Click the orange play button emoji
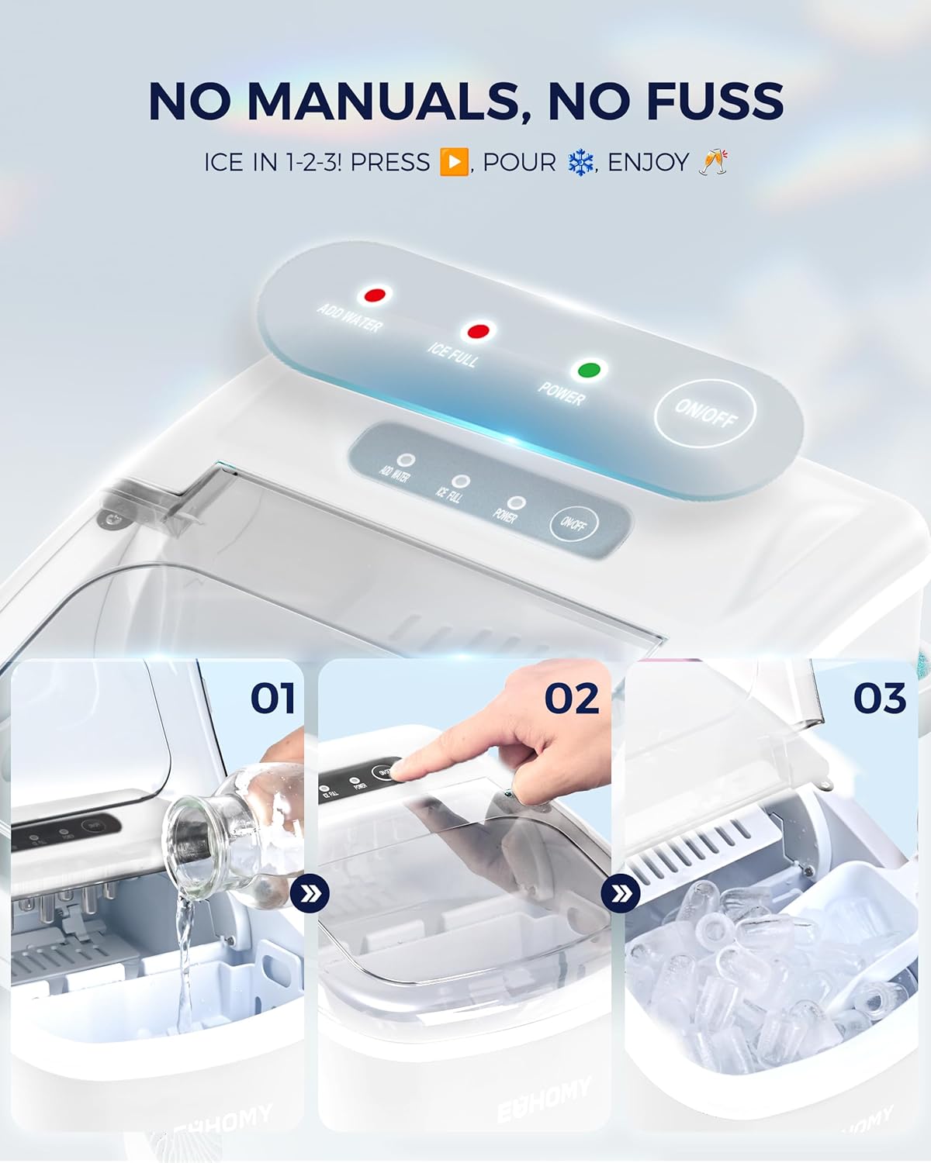pyautogui.click(x=454, y=162)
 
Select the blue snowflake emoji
pyautogui.click(x=580, y=162)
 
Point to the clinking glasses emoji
pyautogui.click(x=712, y=161)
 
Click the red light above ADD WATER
pyautogui.click(x=376, y=295)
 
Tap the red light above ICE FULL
pyautogui.click(x=477, y=332)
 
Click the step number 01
pyautogui.click(x=273, y=699)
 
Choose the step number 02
pyautogui.click(x=572, y=699)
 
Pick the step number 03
pyautogui.click(x=880, y=699)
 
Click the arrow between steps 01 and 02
pyautogui.click(x=310, y=895)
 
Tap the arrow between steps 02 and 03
pyautogui.click(x=621, y=895)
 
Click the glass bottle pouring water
pyautogui.click(x=233, y=837)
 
